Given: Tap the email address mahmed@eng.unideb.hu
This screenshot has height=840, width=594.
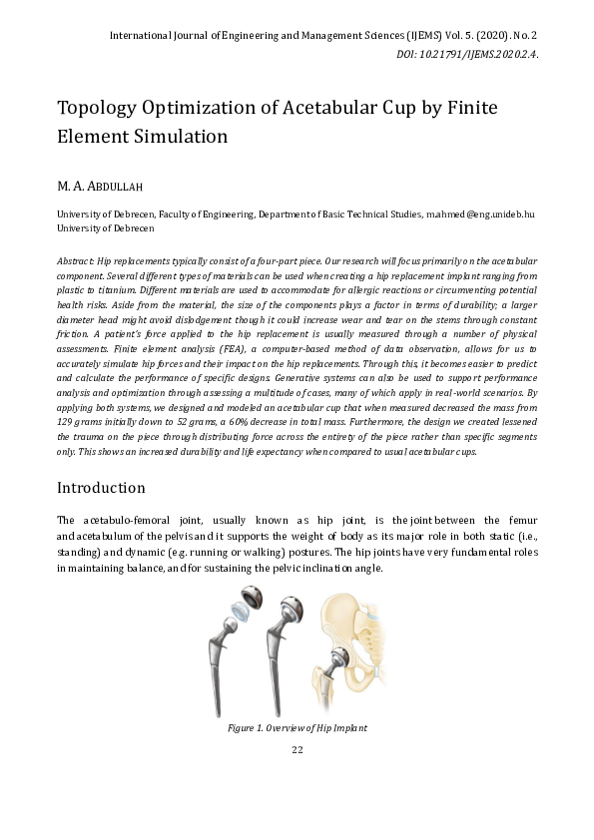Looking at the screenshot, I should point(481,213).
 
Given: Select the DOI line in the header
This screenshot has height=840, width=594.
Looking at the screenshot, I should point(467,55).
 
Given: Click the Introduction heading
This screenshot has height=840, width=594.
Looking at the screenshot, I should point(101,488).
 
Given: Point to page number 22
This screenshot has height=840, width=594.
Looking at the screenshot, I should point(297,750).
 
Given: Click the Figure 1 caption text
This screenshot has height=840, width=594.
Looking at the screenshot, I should point(297,728).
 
